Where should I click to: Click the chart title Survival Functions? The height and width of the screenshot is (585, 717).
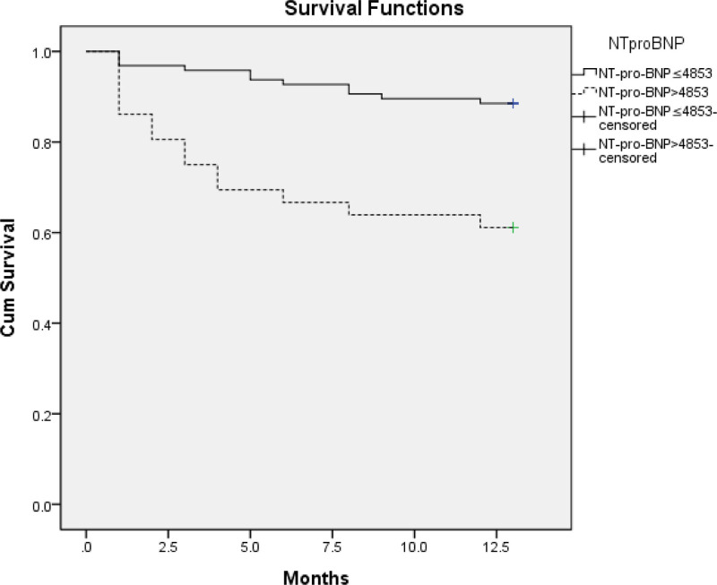pyautogui.click(x=374, y=9)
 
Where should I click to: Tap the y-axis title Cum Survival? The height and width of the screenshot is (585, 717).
pyautogui.click(x=8, y=278)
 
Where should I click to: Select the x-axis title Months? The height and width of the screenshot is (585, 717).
pyautogui.click(x=316, y=577)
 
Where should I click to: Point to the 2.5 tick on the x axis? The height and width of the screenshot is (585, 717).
pyautogui.click(x=168, y=546)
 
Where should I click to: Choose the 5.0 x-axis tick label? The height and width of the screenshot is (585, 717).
pyautogui.click(x=250, y=546)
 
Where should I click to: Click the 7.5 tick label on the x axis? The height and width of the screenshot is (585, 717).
pyautogui.click(x=333, y=546)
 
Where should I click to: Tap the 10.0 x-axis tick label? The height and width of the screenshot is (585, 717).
pyautogui.click(x=414, y=546)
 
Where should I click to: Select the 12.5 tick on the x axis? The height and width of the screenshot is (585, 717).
pyautogui.click(x=497, y=546)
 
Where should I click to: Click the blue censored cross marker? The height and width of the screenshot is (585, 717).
pyautogui.click(x=514, y=104)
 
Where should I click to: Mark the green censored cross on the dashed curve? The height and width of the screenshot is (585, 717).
pyautogui.click(x=514, y=228)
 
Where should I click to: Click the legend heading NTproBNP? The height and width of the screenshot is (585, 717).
pyautogui.click(x=646, y=43)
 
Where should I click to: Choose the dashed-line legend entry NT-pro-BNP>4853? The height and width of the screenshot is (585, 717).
pyautogui.click(x=653, y=92)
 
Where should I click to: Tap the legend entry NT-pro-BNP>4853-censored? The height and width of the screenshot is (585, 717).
pyautogui.click(x=656, y=151)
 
